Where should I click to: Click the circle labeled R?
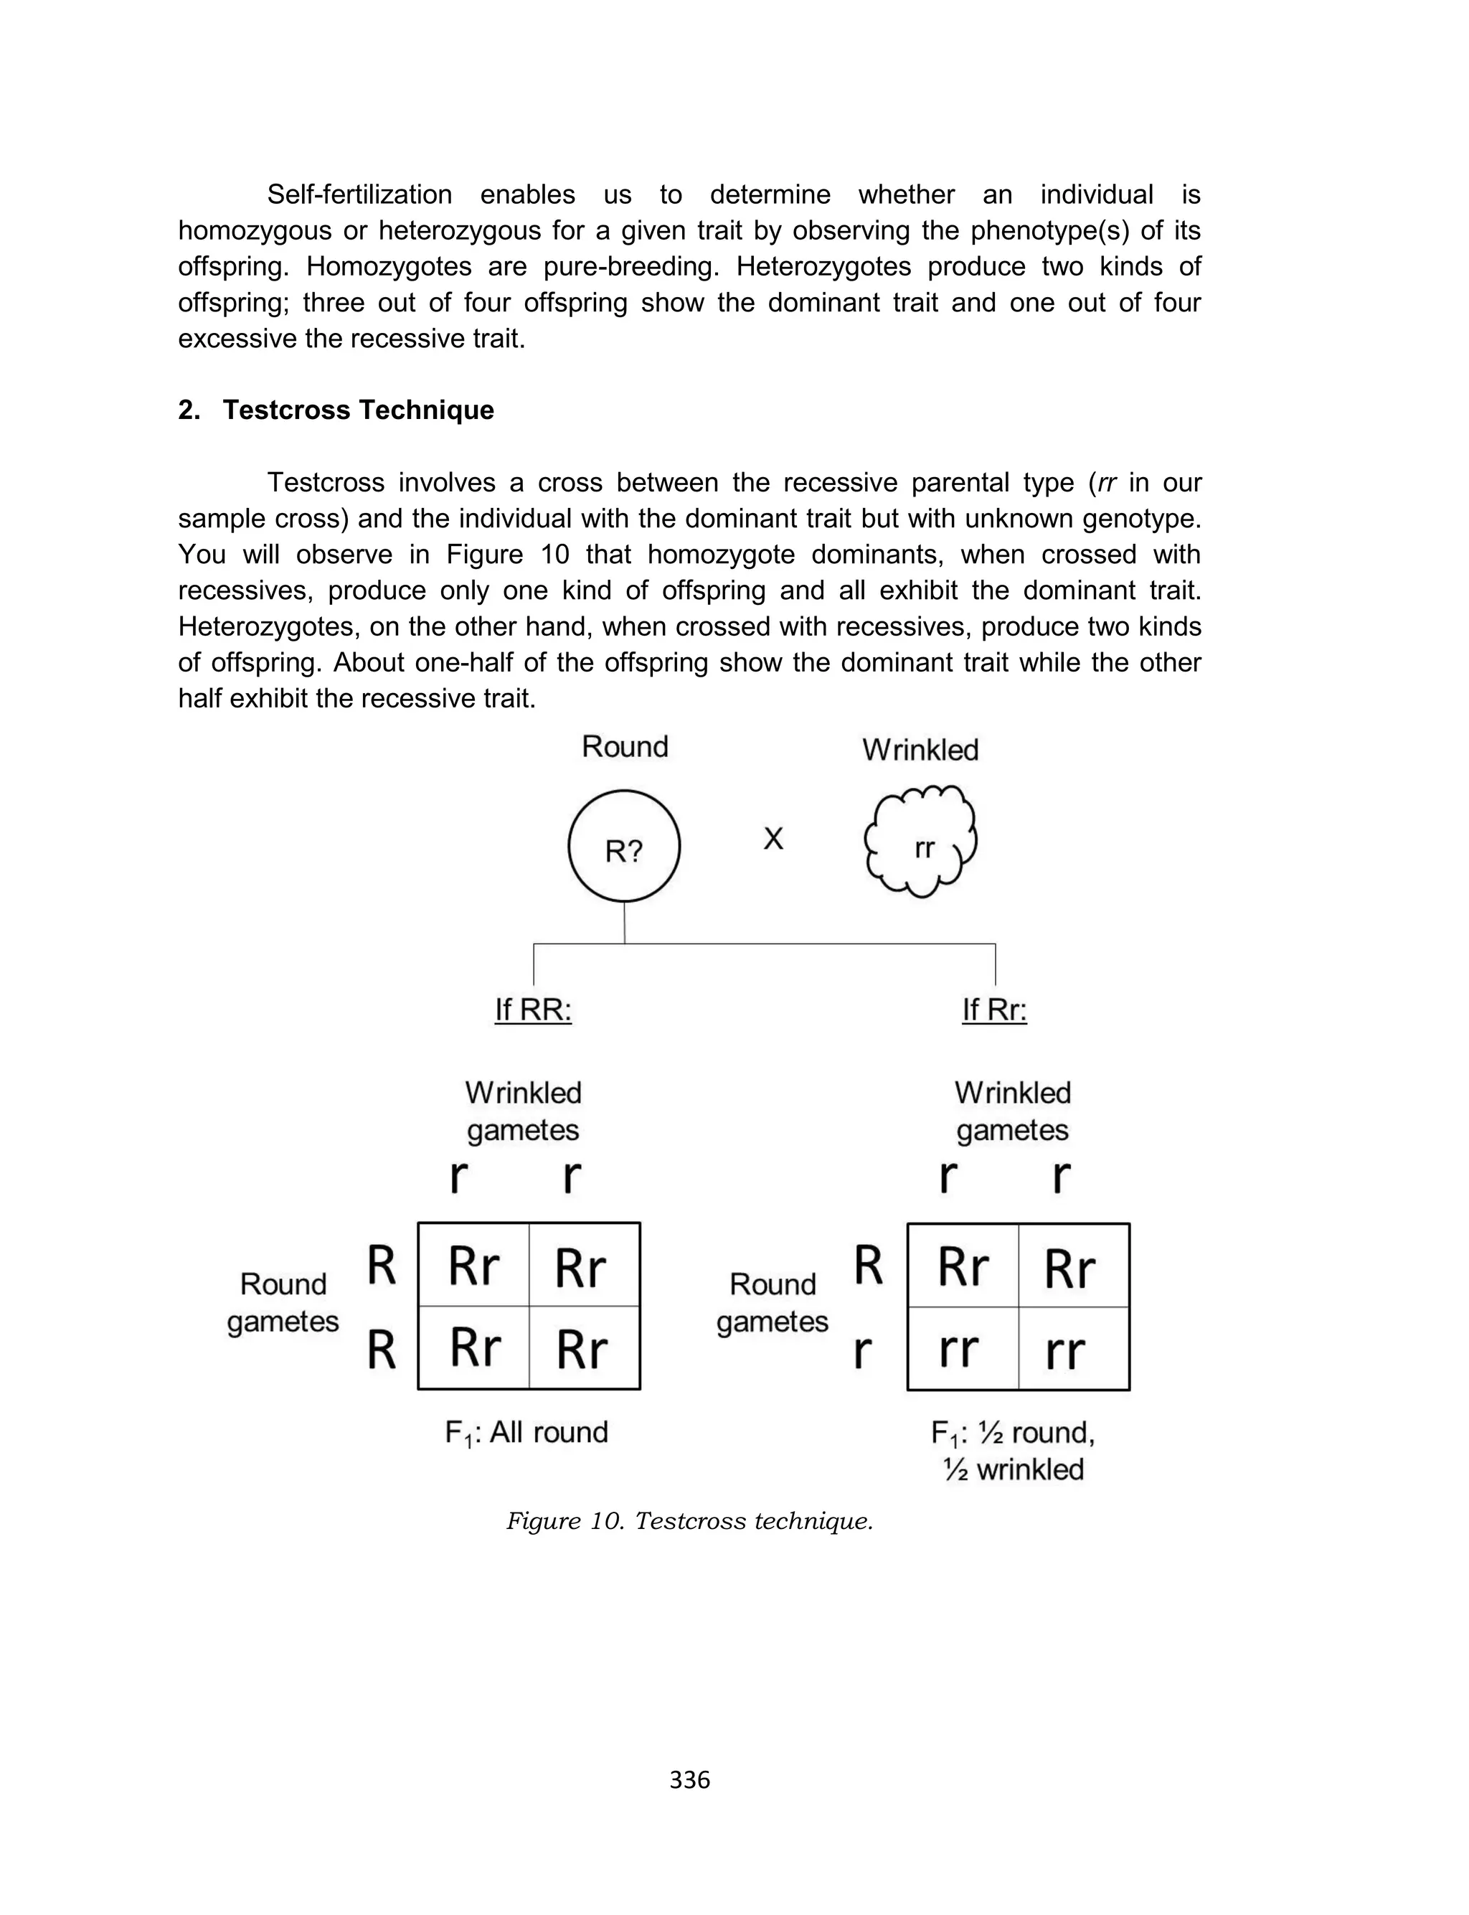(x=623, y=846)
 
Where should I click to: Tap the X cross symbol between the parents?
(x=773, y=839)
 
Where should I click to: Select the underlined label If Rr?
(x=994, y=1010)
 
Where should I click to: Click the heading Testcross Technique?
(x=358, y=410)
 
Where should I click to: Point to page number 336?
(x=689, y=1779)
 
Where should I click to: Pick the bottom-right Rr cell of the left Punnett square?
(x=583, y=1348)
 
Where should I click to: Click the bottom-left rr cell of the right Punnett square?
(x=962, y=1349)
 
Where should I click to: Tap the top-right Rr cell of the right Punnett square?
(x=1073, y=1266)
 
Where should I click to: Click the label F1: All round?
(x=526, y=1433)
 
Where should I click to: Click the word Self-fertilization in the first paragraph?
(x=359, y=194)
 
